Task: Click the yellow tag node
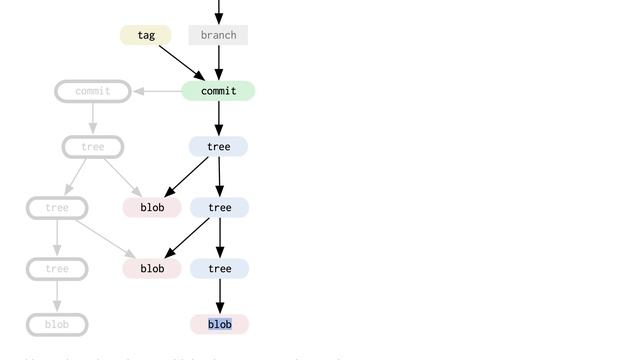pyautogui.click(x=146, y=36)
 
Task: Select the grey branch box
pyautogui.click(x=218, y=36)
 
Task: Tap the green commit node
pyautogui.click(x=218, y=91)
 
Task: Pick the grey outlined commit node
pyautogui.click(x=93, y=91)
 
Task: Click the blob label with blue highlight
pyautogui.click(x=220, y=324)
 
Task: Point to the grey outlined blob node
pyautogui.click(x=57, y=324)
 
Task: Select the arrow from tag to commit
pyautogui.click(x=182, y=61)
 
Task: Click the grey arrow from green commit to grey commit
pyautogui.click(x=157, y=91)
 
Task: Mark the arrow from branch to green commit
pyautogui.click(x=218, y=62)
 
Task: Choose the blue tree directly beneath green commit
pyautogui.click(x=218, y=147)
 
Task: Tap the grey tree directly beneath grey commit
pyautogui.click(x=93, y=147)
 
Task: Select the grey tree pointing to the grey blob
pyautogui.click(x=57, y=269)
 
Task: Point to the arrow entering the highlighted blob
pyautogui.click(x=220, y=296)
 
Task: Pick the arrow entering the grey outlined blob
pyautogui.click(x=57, y=296)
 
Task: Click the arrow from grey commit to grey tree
pyautogui.click(x=93, y=118)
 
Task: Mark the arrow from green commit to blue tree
pyautogui.click(x=218, y=118)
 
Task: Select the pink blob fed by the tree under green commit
pyautogui.click(x=152, y=208)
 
